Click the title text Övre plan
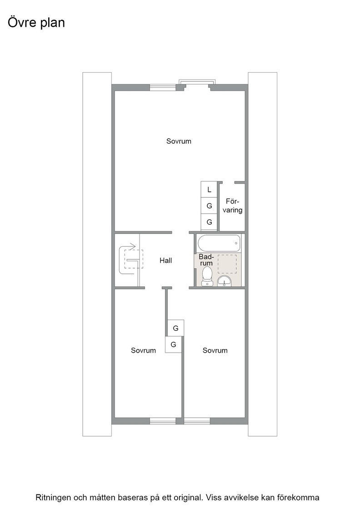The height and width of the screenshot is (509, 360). (36, 23)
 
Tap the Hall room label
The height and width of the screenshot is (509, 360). (165, 260)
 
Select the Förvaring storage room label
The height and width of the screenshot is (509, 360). (232, 206)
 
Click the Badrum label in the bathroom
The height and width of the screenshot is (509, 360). (206, 259)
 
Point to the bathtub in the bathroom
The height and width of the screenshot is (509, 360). (219, 243)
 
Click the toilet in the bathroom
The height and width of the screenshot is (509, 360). (207, 276)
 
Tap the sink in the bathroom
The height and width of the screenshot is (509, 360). (224, 281)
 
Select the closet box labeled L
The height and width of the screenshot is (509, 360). (209, 189)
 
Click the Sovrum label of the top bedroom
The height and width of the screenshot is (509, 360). (179, 141)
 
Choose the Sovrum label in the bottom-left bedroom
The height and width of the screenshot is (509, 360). (143, 350)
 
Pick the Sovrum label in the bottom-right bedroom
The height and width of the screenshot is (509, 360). (215, 350)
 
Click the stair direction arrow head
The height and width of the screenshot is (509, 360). (133, 246)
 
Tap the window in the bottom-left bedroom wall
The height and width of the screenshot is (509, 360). (163, 421)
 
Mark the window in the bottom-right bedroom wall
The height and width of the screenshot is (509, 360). (197, 421)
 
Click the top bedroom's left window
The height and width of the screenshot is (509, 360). (163, 87)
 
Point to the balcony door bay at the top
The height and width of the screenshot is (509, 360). (197, 84)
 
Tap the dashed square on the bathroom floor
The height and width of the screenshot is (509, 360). (227, 264)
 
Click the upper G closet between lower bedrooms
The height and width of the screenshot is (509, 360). (175, 328)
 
